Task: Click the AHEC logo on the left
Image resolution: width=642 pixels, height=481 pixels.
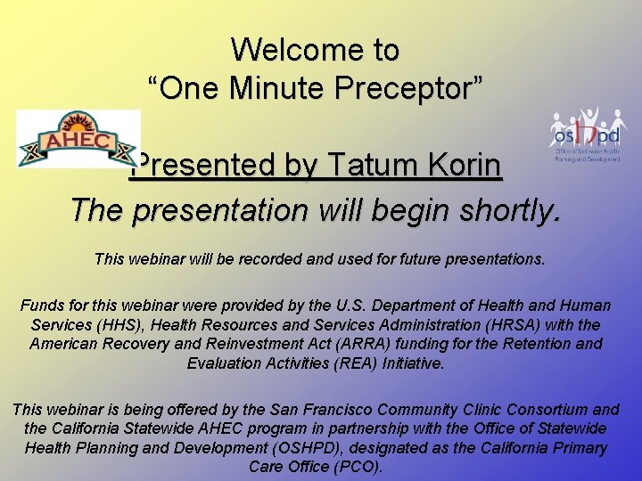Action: point(78,139)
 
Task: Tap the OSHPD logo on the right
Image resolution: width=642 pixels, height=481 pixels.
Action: point(586,135)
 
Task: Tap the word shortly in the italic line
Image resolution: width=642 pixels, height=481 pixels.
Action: point(511,210)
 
